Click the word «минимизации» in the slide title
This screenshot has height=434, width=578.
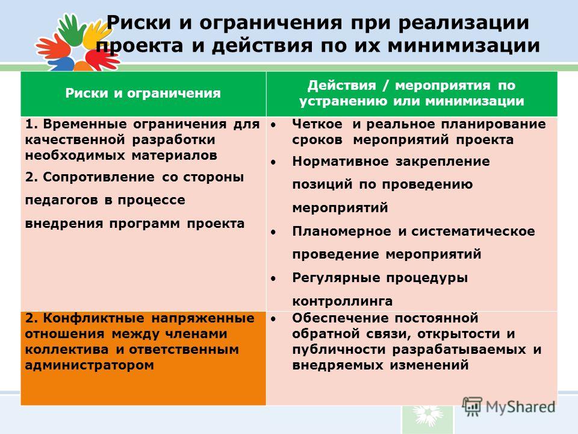click(464, 46)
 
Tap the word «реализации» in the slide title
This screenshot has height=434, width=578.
click(464, 23)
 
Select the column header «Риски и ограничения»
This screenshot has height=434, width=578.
click(143, 93)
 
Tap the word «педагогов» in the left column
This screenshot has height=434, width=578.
click(61, 200)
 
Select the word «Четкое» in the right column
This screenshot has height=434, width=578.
click(317, 124)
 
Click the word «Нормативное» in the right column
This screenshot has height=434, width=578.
click(340, 162)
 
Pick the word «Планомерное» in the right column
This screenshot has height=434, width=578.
click(342, 231)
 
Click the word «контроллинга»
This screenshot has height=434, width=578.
click(343, 301)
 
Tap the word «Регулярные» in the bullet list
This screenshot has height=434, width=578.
click(336, 278)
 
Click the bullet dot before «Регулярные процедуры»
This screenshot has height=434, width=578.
click(273, 278)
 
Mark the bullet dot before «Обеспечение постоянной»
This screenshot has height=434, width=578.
click(273, 318)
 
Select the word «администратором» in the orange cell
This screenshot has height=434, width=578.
click(89, 365)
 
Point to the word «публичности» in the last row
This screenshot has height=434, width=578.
click(339, 350)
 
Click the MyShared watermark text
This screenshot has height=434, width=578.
click(520, 407)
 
